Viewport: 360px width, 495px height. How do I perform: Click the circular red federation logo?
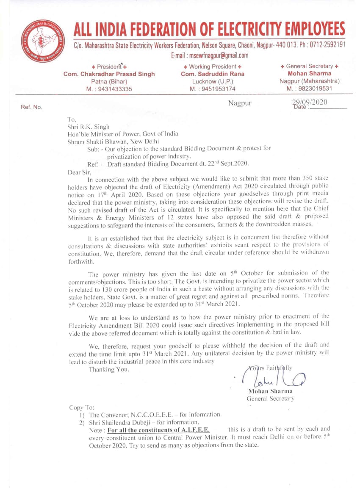[x=42, y=41]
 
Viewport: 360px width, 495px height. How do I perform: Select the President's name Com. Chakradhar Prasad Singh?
[x=109, y=74]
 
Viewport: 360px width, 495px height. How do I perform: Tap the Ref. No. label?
[x=31, y=108]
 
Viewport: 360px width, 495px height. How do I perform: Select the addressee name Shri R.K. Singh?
[x=88, y=126]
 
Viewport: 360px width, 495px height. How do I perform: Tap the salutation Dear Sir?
[x=79, y=172]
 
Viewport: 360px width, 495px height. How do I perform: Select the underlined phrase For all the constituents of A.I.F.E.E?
[x=158, y=429]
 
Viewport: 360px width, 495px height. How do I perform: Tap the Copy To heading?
[x=82, y=407]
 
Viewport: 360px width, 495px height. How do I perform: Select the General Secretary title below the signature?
[x=270, y=398]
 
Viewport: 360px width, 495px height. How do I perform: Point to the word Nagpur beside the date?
[x=240, y=103]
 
